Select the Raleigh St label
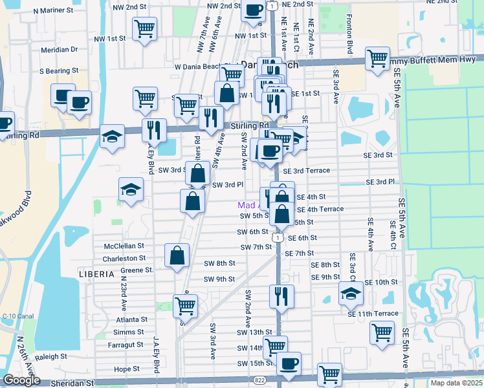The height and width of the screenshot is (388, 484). pos(51,356)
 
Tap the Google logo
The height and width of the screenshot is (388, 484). pos(21,380)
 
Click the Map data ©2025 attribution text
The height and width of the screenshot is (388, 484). pos(456,383)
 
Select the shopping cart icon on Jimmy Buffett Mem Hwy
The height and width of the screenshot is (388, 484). pos(377,58)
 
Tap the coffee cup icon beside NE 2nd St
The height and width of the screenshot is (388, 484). pos(254,10)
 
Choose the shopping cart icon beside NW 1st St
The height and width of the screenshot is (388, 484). pos(144,28)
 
